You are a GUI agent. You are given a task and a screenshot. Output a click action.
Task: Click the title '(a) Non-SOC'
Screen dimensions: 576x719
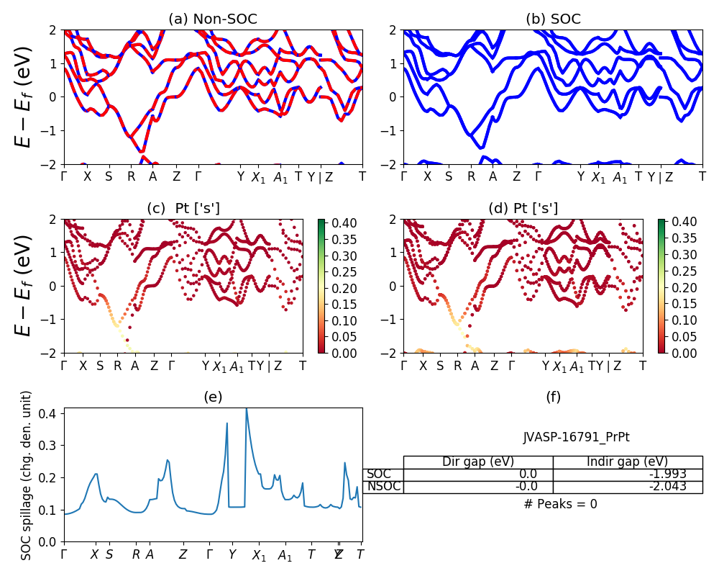(212, 19)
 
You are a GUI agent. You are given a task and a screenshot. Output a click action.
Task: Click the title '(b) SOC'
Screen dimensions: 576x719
(553, 19)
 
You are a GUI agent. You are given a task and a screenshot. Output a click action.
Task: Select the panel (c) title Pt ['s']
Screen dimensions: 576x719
(183, 208)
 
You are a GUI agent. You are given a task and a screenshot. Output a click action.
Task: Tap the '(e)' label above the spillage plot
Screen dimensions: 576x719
(213, 397)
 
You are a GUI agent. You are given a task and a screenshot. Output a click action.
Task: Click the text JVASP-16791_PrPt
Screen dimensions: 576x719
(577, 436)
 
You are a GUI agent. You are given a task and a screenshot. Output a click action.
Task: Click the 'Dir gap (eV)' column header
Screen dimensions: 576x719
(478, 462)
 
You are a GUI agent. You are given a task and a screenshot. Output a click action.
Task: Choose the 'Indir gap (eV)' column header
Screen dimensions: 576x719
(628, 462)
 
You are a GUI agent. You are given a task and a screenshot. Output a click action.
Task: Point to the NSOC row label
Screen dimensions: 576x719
(383, 486)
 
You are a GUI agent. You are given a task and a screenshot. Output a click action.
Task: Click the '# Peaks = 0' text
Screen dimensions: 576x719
(560, 504)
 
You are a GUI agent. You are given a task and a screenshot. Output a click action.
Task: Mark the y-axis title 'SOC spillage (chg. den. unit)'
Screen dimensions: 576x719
(27, 475)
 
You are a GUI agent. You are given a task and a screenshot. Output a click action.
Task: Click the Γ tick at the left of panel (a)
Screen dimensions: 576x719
(64, 176)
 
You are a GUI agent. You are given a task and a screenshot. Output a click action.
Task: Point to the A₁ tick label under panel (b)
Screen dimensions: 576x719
(620, 178)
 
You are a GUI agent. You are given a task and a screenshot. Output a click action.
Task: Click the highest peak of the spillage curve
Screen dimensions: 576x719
(246, 409)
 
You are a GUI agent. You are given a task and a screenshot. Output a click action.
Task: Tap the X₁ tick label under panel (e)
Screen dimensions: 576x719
(259, 555)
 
